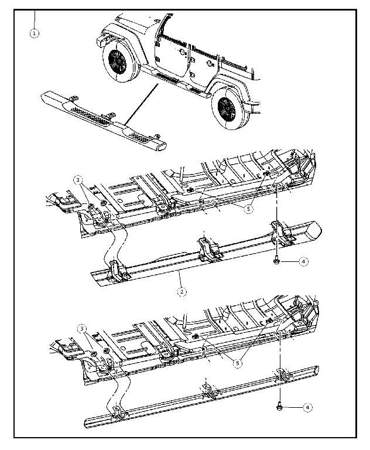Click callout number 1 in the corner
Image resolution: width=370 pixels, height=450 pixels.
click(x=34, y=33)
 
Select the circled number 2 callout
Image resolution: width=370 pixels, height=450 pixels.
click(x=182, y=291)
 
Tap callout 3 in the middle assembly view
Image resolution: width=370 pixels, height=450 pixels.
click(x=78, y=179)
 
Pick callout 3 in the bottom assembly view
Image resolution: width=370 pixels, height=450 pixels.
click(x=82, y=328)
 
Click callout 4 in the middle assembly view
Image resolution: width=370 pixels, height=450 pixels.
click(x=303, y=262)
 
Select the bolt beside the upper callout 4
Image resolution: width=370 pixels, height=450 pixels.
click(x=276, y=261)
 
